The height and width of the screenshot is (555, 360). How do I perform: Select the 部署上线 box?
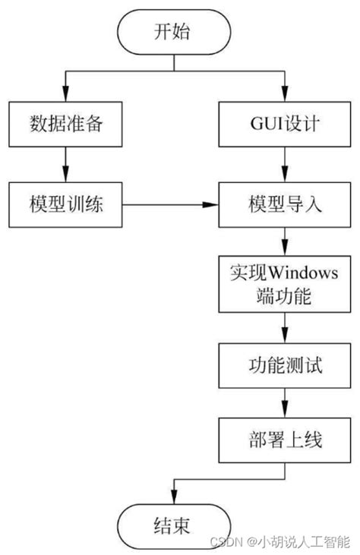(284, 440)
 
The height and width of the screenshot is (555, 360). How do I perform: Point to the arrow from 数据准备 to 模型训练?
(65, 166)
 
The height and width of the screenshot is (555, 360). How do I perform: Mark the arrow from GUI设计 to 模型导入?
(284, 166)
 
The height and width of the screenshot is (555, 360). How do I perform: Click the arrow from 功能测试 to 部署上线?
(284, 402)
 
